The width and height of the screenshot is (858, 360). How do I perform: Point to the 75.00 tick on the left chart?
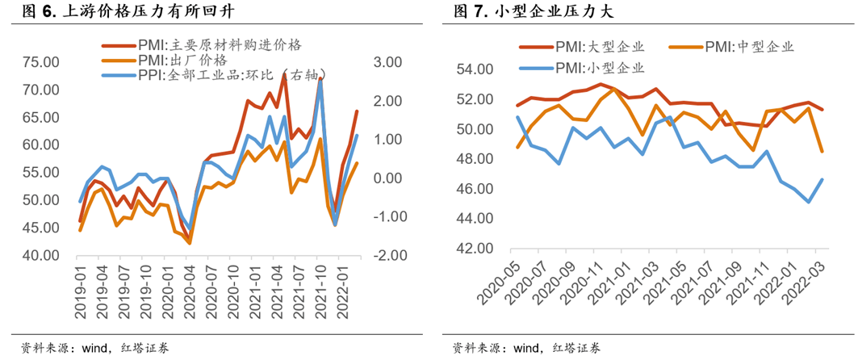pyautogui.click(x=40, y=63)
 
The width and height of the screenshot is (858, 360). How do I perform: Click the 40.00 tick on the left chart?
pyautogui.click(x=40, y=256)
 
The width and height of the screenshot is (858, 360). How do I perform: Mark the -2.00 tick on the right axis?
pyautogui.click(x=385, y=256)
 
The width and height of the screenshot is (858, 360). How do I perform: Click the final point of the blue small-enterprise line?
pyautogui.click(x=822, y=179)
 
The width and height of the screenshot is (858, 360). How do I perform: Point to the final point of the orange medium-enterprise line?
pyautogui.click(x=822, y=151)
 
